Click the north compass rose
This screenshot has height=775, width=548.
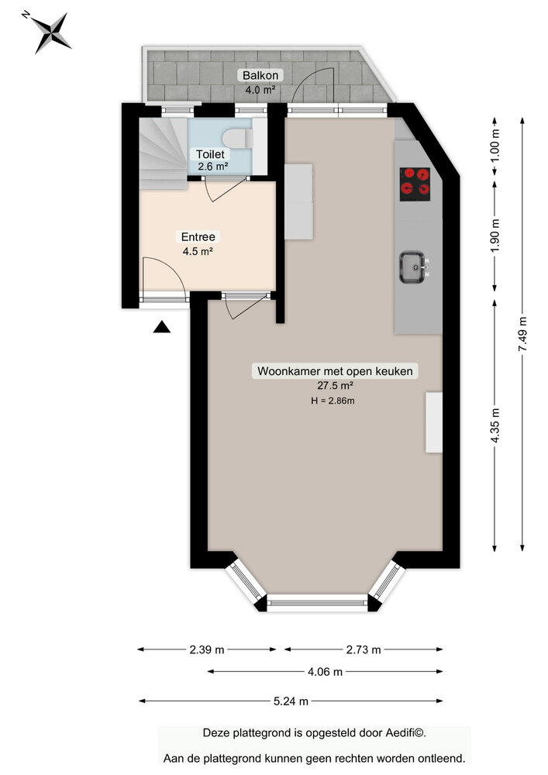coord(50,32)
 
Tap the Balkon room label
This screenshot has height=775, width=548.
coord(260,75)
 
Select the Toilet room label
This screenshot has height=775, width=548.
coord(211,154)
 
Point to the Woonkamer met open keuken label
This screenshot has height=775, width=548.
coord(336,371)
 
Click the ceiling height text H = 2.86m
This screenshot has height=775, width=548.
coord(333,400)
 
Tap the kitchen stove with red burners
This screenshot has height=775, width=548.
coord(415,184)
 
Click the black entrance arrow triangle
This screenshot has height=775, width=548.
coord(161,328)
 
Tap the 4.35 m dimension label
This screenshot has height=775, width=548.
coord(495,425)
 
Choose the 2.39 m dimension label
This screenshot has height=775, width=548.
coord(206,649)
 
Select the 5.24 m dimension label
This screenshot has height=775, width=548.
coord(291,701)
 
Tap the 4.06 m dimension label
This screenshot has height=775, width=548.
coord(326,672)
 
